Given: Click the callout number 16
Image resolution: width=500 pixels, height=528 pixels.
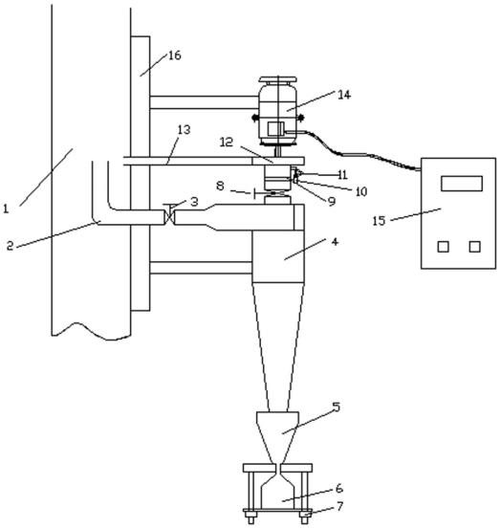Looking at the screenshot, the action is [175, 55].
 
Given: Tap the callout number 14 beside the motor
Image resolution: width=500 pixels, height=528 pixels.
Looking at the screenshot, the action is [344, 95].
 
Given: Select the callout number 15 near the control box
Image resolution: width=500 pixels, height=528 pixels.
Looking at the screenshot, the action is [379, 221].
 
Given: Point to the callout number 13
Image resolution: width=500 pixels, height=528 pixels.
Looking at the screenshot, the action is [184, 129].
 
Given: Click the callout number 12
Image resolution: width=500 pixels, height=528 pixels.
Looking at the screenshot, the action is [227, 143].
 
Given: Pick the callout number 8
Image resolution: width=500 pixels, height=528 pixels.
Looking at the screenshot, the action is [220, 186].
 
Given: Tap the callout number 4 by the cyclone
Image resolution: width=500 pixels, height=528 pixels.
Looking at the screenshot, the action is [335, 241].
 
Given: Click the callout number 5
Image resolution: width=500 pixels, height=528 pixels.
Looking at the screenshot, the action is [337, 407].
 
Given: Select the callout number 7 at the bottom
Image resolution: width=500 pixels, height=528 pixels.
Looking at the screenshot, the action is [339, 506].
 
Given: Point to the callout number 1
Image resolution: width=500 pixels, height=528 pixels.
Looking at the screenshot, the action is [6, 209].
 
